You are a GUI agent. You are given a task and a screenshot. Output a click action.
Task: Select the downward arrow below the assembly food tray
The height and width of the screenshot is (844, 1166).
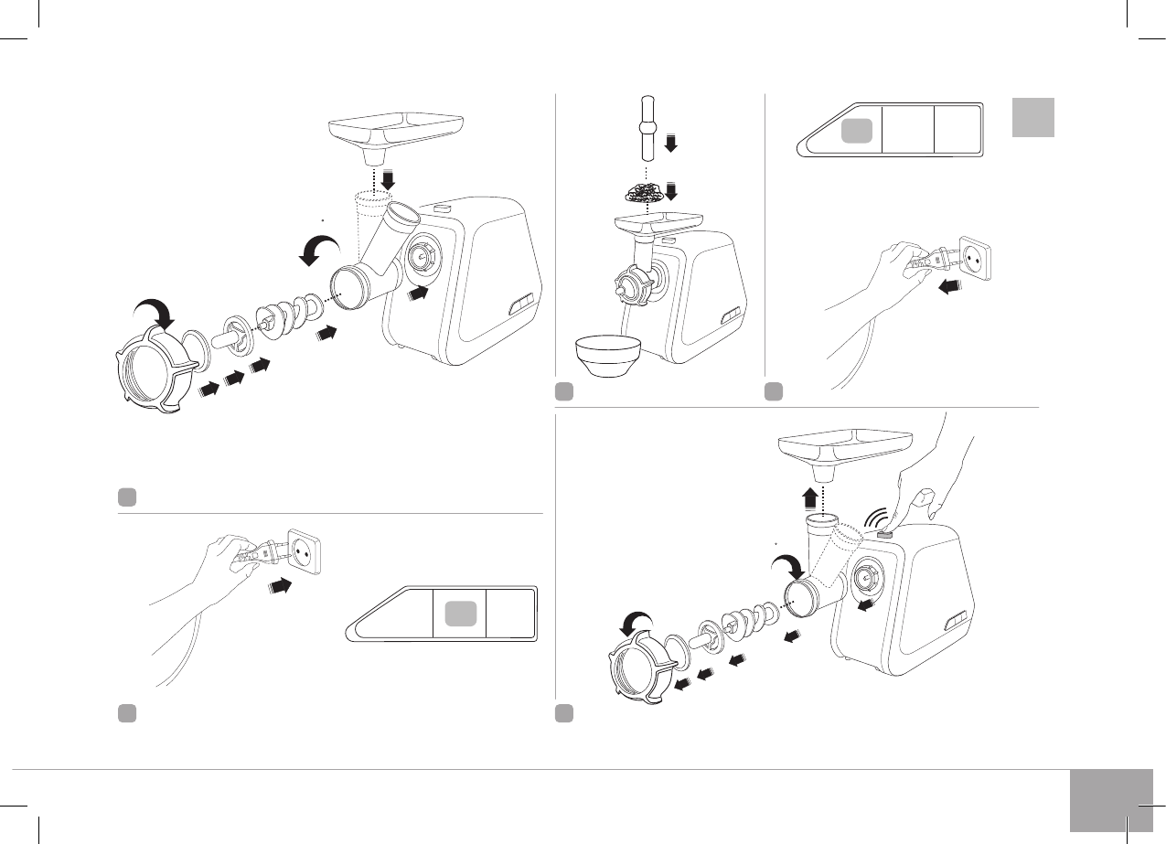tap(389, 178)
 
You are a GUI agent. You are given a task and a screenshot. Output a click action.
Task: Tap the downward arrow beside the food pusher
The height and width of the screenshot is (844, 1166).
tap(670, 144)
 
